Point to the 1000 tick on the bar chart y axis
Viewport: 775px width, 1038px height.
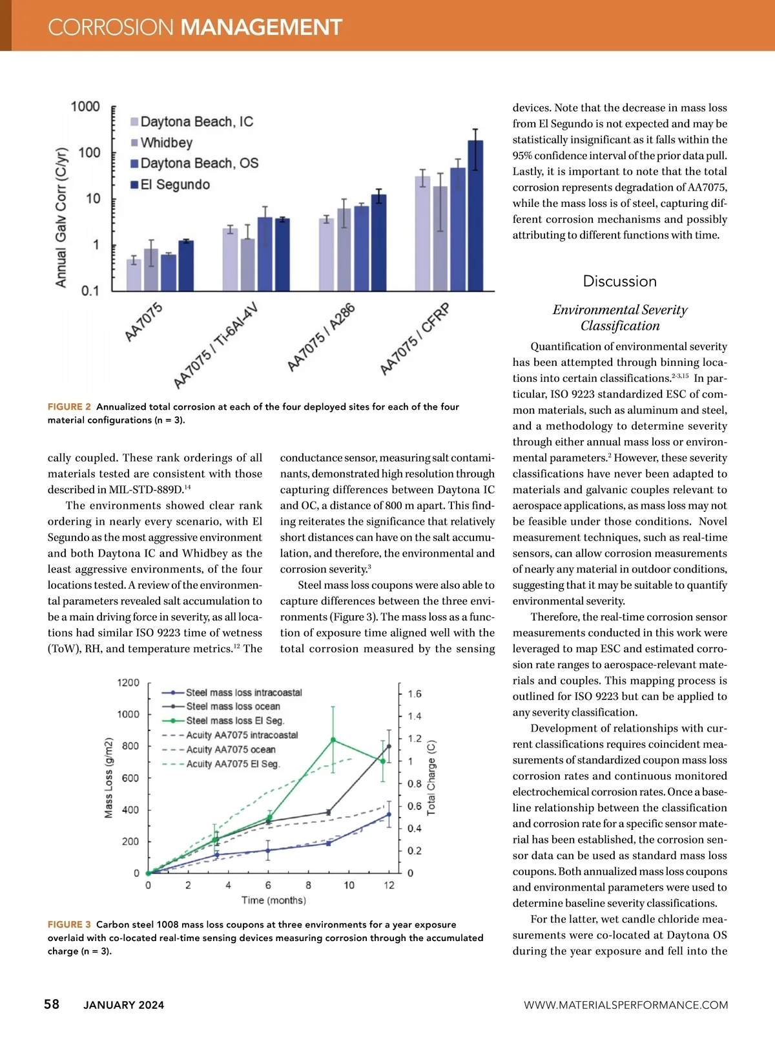(x=85, y=107)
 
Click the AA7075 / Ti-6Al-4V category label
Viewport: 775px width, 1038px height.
(x=215, y=345)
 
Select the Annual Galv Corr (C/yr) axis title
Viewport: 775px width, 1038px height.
(x=61, y=217)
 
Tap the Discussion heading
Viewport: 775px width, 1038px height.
(x=619, y=281)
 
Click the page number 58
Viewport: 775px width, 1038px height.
(x=52, y=1004)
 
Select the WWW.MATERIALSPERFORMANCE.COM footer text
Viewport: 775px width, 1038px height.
(x=625, y=1005)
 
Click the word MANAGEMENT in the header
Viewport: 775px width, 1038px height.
(x=261, y=27)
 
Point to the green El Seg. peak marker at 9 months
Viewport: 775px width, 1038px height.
(x=333, y=739)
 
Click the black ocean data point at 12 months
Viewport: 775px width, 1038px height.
(x=389, y=747)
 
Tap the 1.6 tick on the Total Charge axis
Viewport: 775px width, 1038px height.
(x=414, y=694)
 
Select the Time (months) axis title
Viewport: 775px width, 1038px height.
(x=274, y=900)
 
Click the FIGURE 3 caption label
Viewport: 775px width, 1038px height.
(x=69, y=925)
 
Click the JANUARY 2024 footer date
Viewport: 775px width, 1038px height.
(x=123, y=1005)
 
